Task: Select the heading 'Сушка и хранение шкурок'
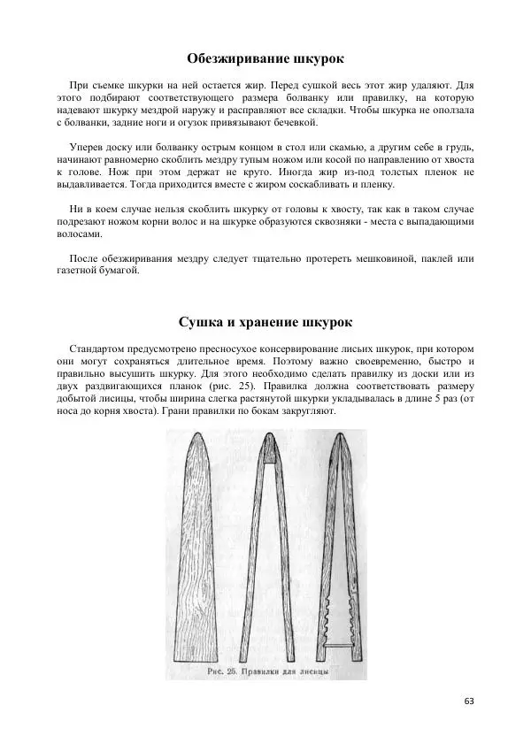point(265,320)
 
